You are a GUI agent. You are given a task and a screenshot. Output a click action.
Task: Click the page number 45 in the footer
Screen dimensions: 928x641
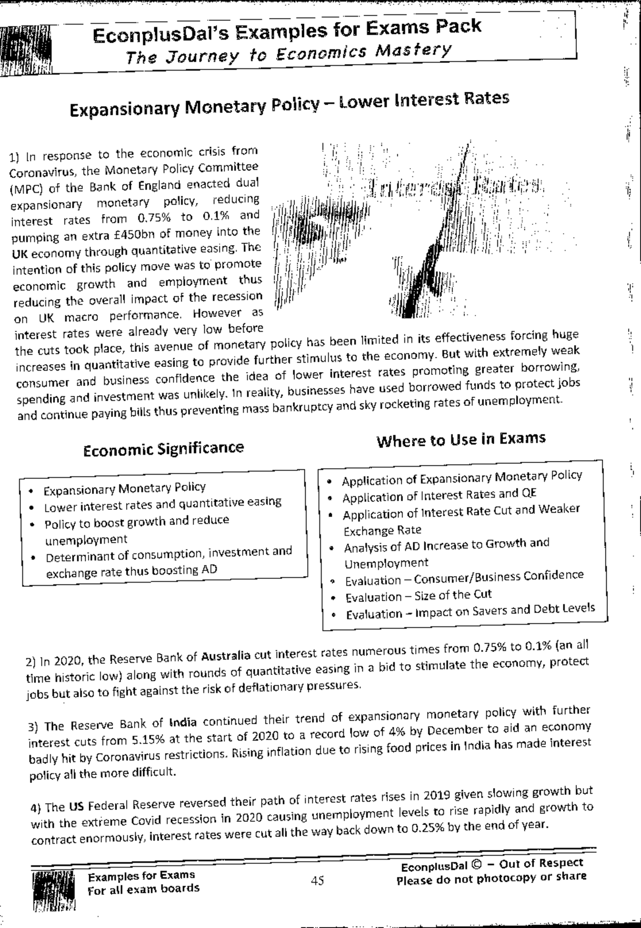317,880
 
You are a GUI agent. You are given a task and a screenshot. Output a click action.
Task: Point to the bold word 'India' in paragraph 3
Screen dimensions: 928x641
183,723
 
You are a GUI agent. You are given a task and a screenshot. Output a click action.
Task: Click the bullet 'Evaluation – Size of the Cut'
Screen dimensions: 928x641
418,595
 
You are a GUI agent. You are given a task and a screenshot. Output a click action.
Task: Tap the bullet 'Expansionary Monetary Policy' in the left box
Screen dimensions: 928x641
124,489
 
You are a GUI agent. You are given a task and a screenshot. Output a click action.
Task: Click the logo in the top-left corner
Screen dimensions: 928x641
26,51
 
